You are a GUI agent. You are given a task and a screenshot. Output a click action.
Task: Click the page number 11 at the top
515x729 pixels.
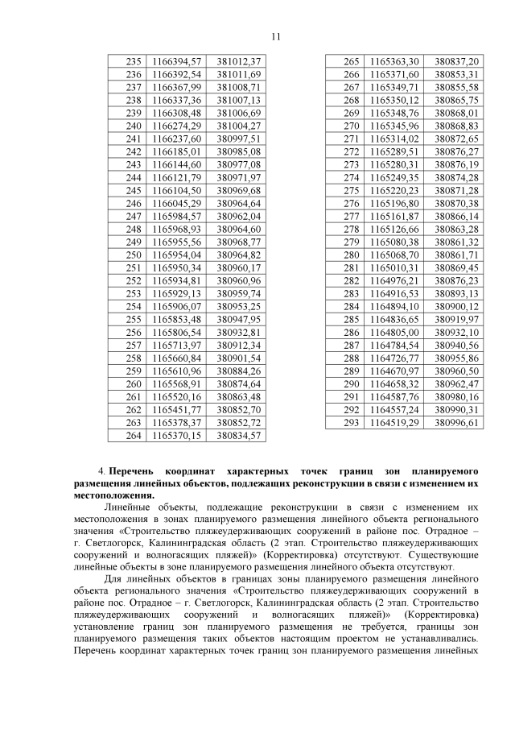[x=275, y=36]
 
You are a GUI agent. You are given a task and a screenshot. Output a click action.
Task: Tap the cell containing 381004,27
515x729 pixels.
[x=239, y=126]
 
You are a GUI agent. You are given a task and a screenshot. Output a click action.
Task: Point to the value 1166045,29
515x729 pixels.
[x=176, y=203]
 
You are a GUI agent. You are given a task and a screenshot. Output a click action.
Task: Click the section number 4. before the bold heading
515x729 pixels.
[x=101, y=468]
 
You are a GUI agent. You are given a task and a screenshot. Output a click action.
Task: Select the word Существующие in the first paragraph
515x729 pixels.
[x=445, y=554]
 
